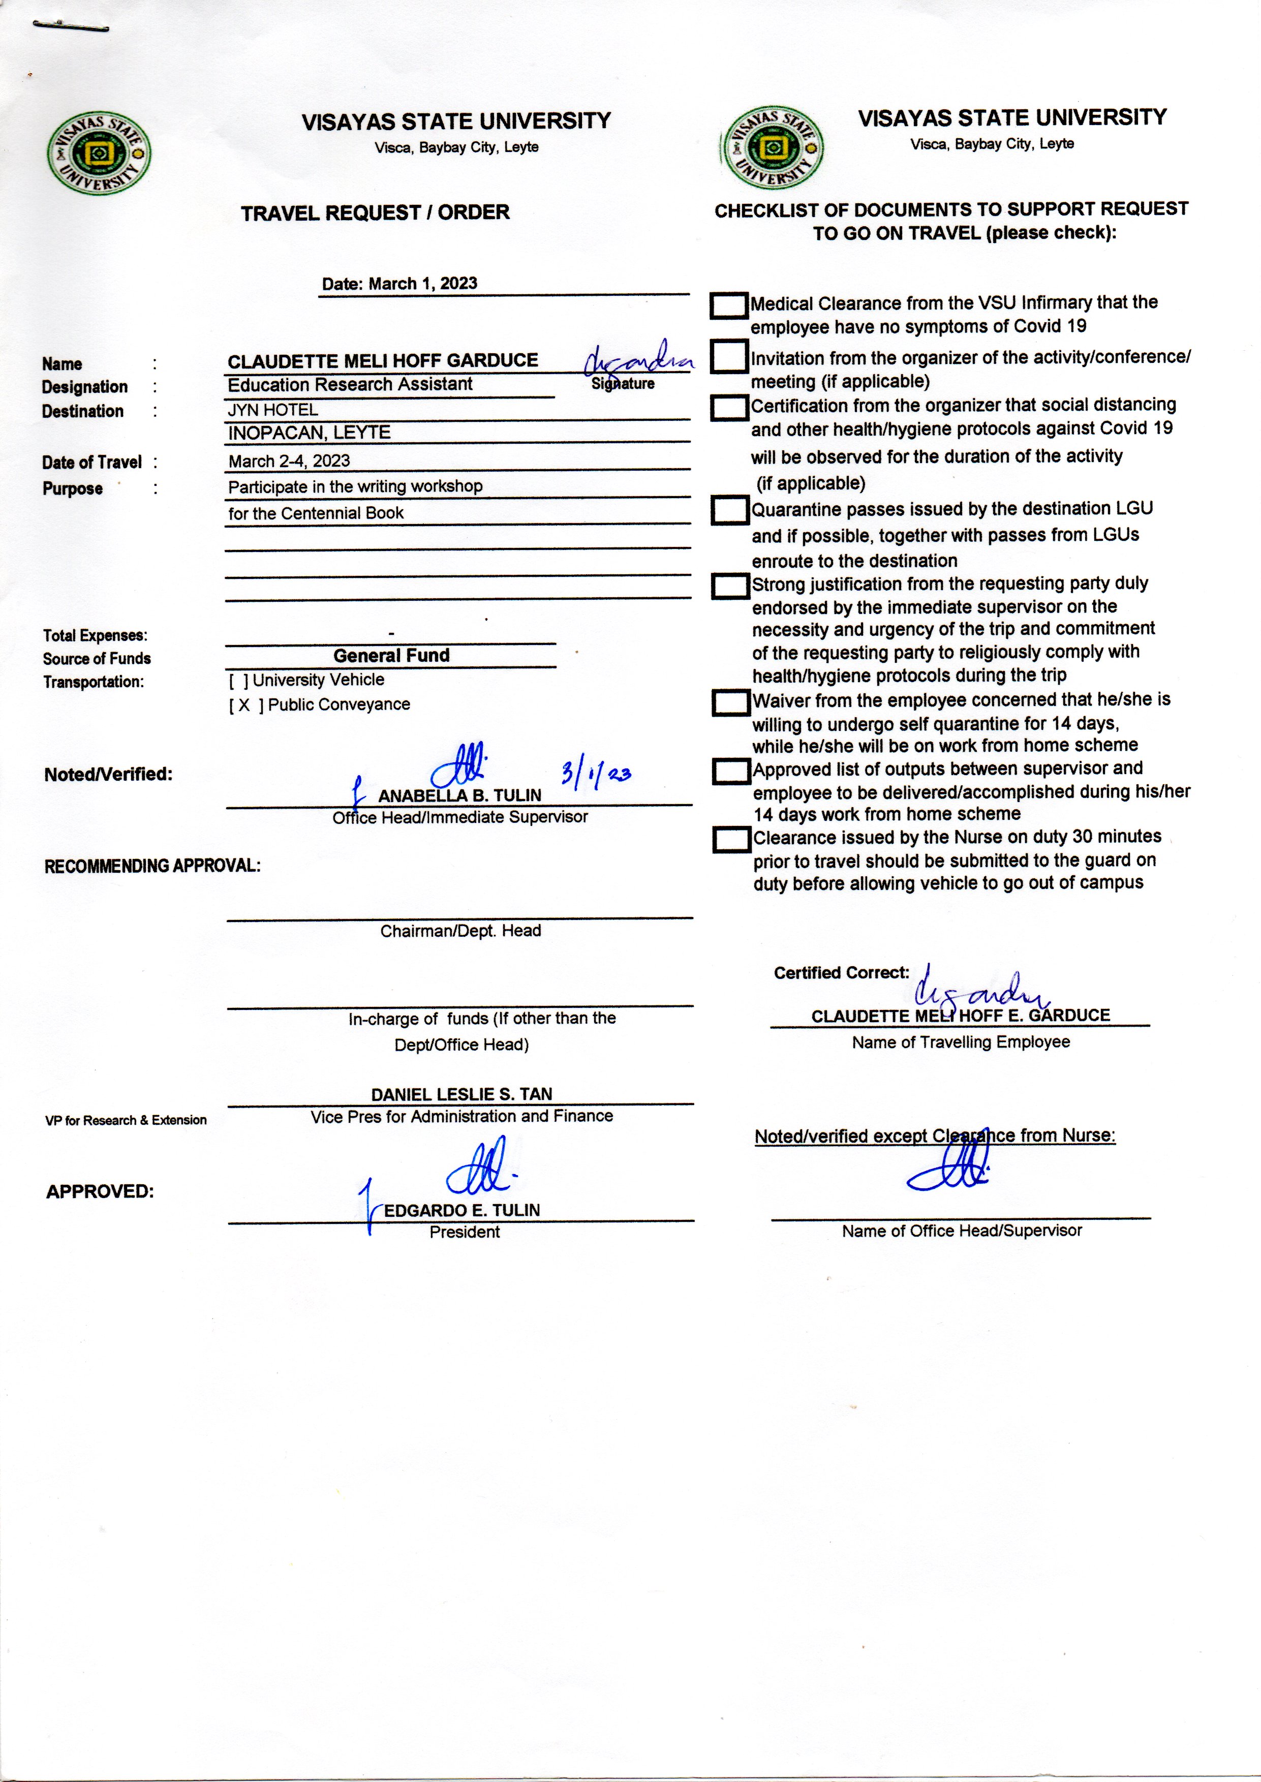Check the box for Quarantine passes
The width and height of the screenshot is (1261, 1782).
click(x=730, y=510)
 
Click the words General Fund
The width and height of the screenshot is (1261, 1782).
click(x=391, y=655)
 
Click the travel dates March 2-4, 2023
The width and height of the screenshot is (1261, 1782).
click(x=289, y=461)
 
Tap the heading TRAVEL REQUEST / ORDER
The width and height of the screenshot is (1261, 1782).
click(x=375, y=213)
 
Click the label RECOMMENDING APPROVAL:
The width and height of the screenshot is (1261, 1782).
click(x=152, y=866)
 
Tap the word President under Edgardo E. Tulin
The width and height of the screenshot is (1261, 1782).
click(x=465, y=1232)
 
